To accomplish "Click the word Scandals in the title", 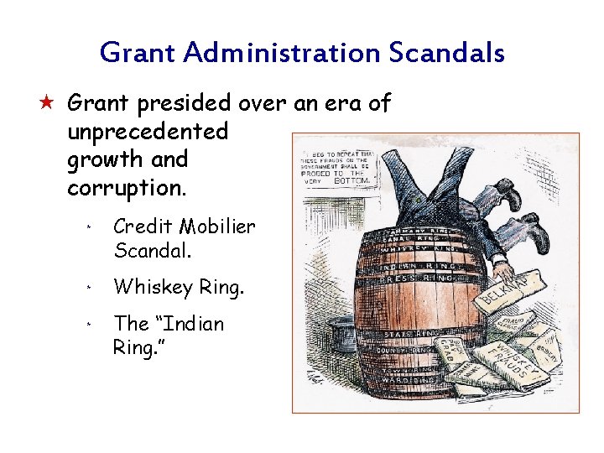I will point(446,54).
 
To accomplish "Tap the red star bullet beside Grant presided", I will point(48,103).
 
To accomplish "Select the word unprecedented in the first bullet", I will point(148,132).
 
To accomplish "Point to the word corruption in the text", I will point(125,188).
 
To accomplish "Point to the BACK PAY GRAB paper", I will point(449,349).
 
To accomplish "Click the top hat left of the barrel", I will point(344,334).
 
